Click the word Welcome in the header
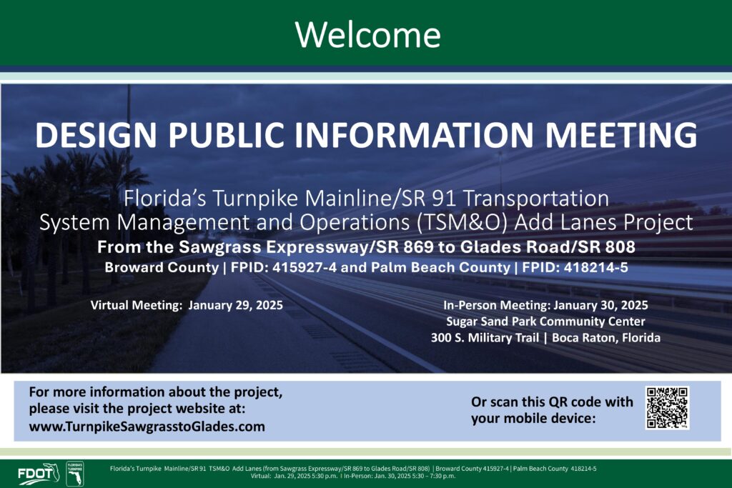tap(368, 34)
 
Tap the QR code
tap(667, 407)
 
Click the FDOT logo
tap(39, 474)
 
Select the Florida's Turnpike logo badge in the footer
tap(74, 474)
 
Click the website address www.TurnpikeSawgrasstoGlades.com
tap(147, 427)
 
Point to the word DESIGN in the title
tap(96, 135)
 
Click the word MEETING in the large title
tap(621, 135)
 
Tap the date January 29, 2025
tap(235, 306)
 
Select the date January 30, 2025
tap(600, 306)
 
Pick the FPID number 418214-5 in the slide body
tap(595, 267)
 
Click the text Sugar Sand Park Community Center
tap(545, 322)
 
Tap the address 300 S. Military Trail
tap(485, 338)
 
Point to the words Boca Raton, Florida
tap(606, 338)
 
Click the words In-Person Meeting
tap(497, 306)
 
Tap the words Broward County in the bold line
tap(162, 267)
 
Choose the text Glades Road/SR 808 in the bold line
tap(548, 247)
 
